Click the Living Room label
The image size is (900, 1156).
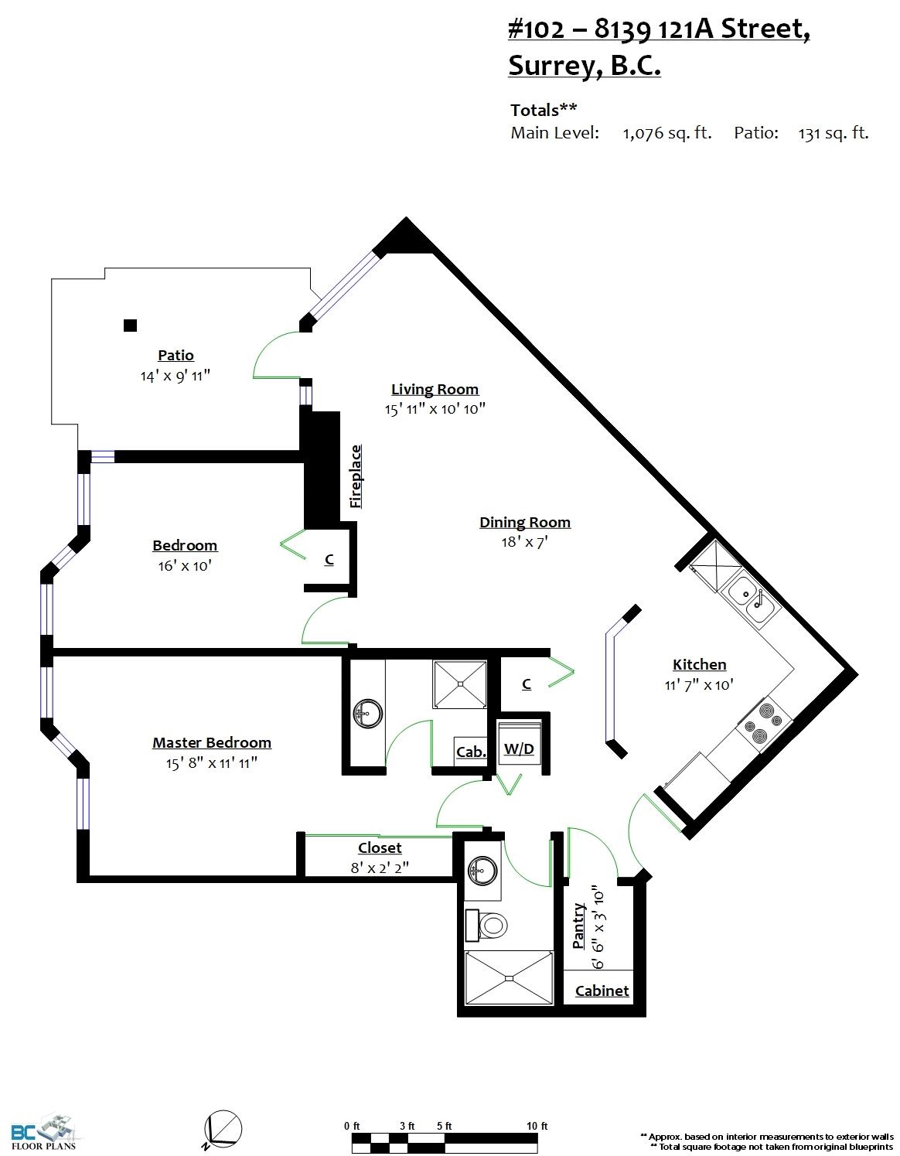point(435,390)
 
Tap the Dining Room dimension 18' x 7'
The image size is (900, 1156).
point(524,542)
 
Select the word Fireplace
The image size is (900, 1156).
point(356,476)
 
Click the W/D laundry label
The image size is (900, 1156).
point(519,749)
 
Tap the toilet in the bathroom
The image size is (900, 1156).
point(486,925)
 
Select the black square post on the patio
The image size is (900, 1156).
point(130,325)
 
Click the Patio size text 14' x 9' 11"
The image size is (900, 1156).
point(175,376)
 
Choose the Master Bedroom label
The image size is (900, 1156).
point(212,742)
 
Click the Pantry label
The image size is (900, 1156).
point(578,926)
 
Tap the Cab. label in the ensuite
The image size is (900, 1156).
point(471,752)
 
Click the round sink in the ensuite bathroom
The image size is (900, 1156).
point(367,713)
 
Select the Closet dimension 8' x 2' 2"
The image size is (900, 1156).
point(380,868)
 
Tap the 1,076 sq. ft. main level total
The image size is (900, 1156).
point(666,133)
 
